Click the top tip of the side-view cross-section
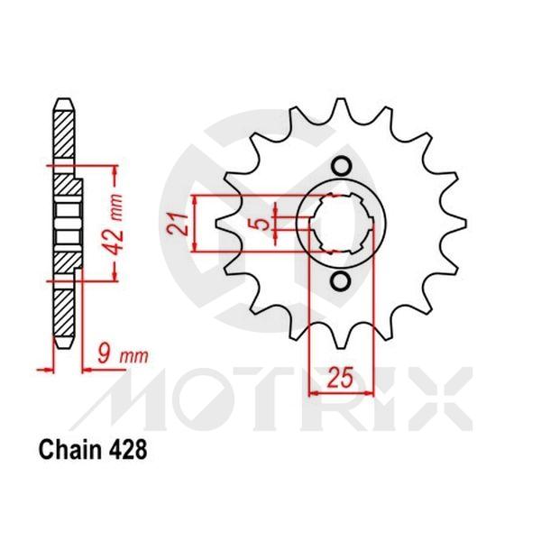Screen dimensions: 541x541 [62, 99]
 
